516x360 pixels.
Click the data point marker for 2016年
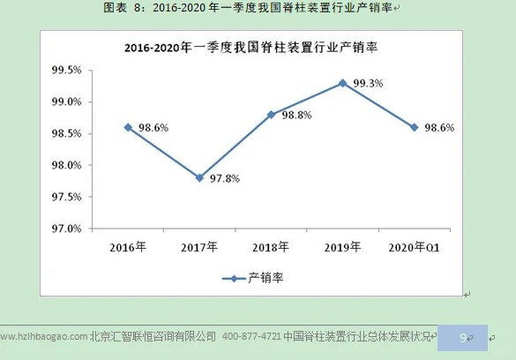tap(128, 127)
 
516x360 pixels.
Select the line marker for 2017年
tap(200, 177)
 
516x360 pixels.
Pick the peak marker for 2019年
tap(342, 83)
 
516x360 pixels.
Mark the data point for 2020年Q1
tap(414, 127)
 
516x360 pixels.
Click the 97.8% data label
tap(225, 178)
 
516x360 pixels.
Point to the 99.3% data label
tap(367, 84)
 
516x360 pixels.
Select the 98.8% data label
tap(295, 115)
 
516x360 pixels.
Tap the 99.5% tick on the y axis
tap(66, 71)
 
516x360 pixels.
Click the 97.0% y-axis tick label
tap(66, 229)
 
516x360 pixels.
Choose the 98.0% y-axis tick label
tap(66, 165)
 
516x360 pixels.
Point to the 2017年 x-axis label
tap(199, 247)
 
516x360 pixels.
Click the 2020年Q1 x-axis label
tap(414, 247)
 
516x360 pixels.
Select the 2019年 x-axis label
tap(342, 247)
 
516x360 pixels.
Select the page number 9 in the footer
tap(463, 336)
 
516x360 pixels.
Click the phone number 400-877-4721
tap(252, 336)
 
